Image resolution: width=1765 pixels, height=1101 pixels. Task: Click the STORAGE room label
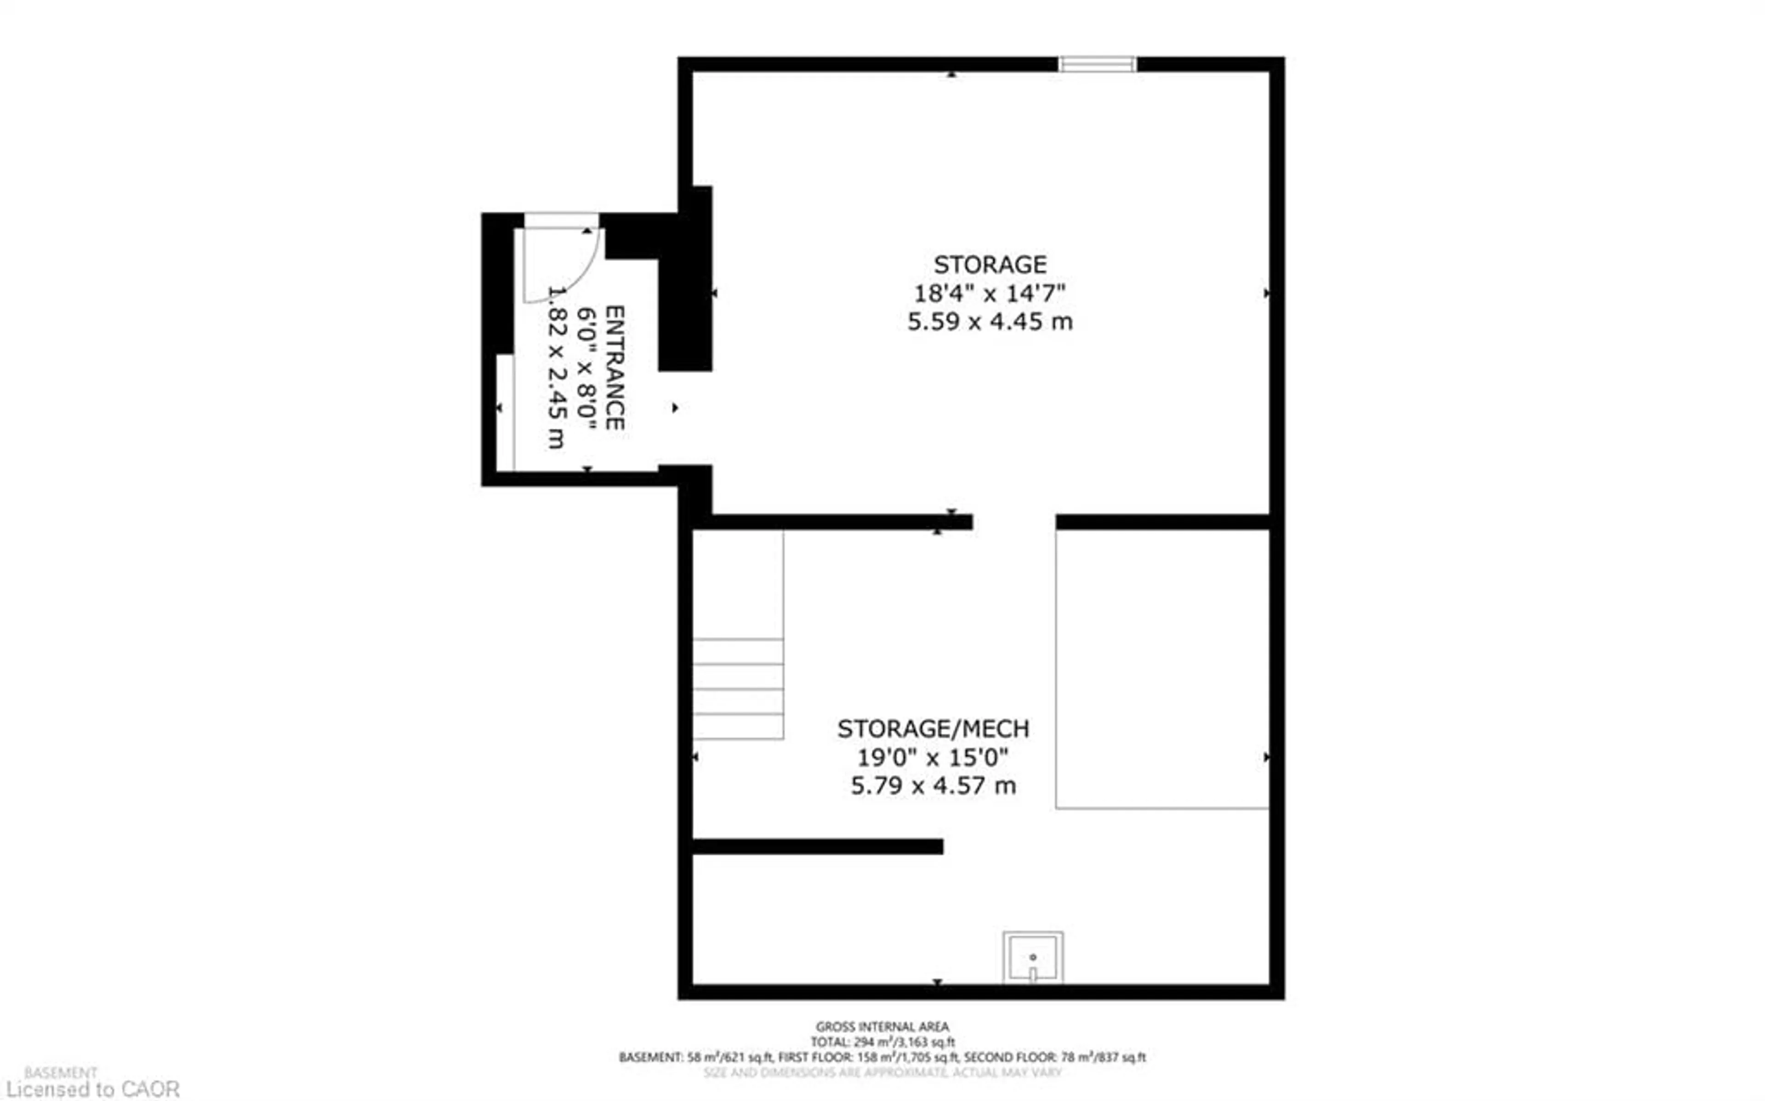click(990, 264)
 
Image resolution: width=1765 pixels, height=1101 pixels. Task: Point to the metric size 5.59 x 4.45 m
click(990, 322)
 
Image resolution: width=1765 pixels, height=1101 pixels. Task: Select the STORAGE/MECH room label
click(933, 729)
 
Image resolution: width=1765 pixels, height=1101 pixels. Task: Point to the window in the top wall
click(1097, 64)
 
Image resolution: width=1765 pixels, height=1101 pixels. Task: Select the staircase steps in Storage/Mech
click(738, 688)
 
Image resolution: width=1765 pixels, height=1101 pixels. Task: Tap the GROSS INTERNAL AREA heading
click(882, 1027)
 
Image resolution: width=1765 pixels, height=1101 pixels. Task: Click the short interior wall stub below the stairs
click(817, 846)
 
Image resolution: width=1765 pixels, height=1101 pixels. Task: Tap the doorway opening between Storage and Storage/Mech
click(1013, 522)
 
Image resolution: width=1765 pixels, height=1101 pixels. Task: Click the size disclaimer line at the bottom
click(882, 1073)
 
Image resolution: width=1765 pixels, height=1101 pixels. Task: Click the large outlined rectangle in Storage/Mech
click(1162, 669)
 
